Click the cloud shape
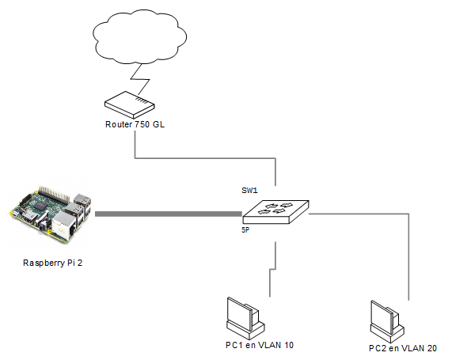139,36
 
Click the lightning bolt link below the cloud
140,79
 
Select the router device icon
130,104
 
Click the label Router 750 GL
135,124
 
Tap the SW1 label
249,191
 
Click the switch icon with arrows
275,212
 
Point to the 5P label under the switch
245,230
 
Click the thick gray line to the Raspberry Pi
169,214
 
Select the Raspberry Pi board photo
51,214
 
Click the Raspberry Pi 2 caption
52,263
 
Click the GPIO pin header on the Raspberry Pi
54,194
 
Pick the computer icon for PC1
245,318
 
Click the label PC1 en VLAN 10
260,345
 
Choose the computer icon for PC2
387,321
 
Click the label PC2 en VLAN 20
403,348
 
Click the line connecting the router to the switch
205,158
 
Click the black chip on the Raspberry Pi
40,206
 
